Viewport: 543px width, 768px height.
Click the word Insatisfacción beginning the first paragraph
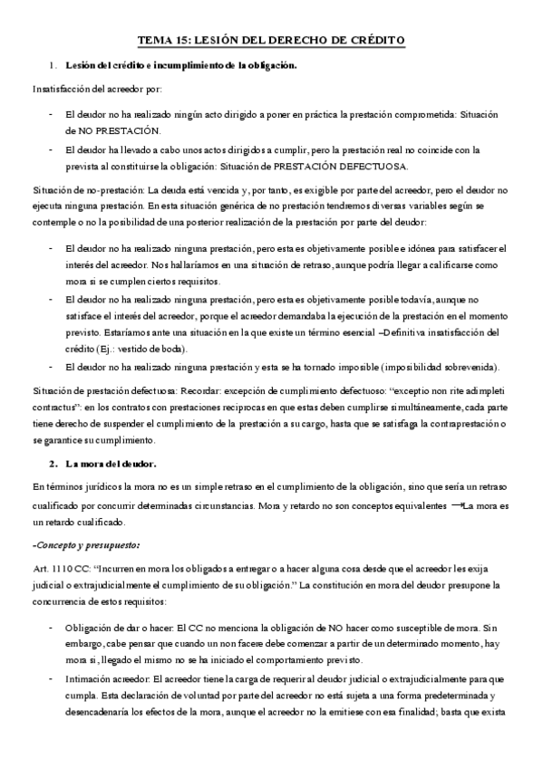63,91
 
